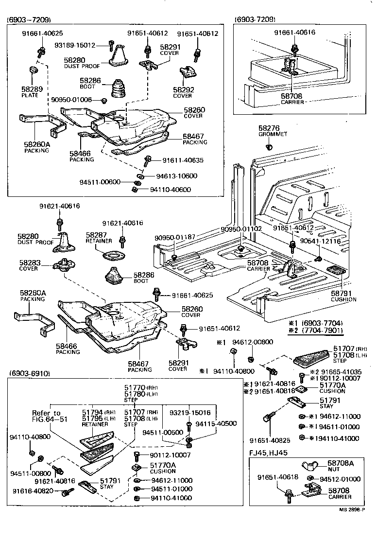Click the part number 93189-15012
(74, 45)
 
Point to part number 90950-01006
(71, 100)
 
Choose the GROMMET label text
(273, 134)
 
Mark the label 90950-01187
(175, 237)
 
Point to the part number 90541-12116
(320, 241)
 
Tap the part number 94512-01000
(344, 478)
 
